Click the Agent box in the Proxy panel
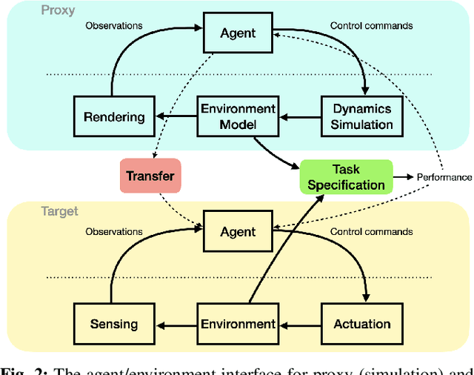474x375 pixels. pyautogui.click(x=237, y=33)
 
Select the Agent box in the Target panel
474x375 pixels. pyautogui.click(x=237, y=232)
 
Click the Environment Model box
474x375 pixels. pyautogui.click(x=237, y=116)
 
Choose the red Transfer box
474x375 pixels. pyautogui.click(x=150, y=176)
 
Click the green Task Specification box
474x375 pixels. pyautogui.click(x=346, y=176)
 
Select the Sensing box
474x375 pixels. pyautogui.click(x=113, y=324)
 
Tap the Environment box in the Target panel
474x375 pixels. pyautogui.click(x=237, y=324)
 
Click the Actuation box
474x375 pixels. pyautogui.click(x=361, y=324)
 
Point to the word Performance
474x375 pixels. pyautogui.click(x=444, y=177)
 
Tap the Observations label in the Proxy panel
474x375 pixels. pyautogui.click(x=113, y=25)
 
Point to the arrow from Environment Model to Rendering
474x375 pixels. pyautogui.click(x=178, y=116)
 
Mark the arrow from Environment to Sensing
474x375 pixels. pyautogui.click(x=177, y=324)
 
